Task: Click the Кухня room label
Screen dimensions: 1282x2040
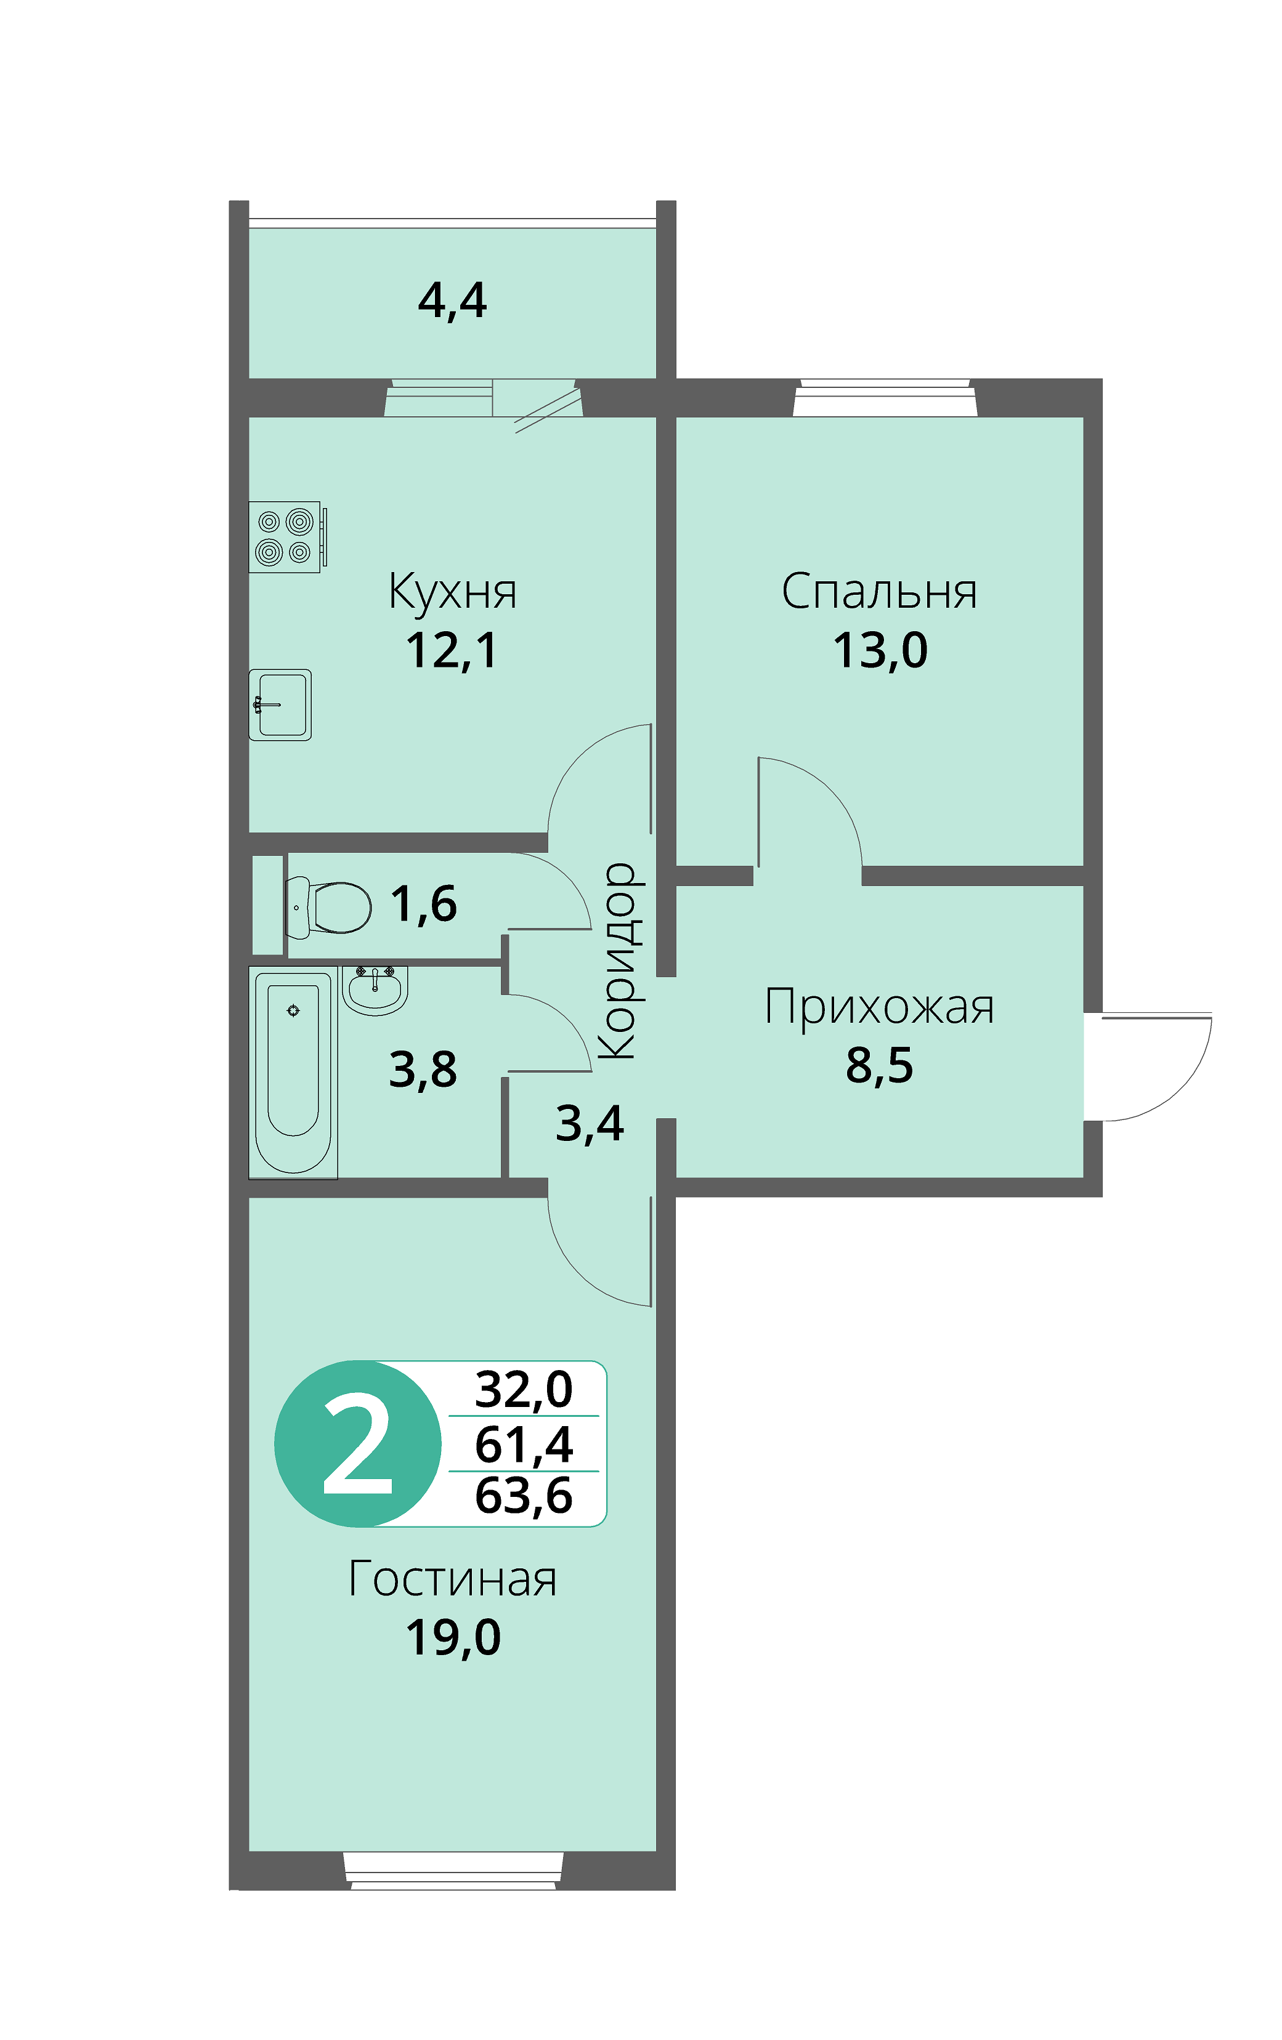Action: pyautogui.click(x=452, y=591)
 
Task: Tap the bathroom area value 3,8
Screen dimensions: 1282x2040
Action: pyautogui.click(x=423, y=1070)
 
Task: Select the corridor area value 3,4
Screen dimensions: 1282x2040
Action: pyautogui.click(x=590, y=1125)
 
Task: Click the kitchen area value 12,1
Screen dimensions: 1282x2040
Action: pyautogui.click(x=452, y=651)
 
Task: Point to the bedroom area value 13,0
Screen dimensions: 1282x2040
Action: pyautogui.click(x=880, y=651)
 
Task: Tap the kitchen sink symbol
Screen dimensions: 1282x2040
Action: pyautogui.click(x=280, y=705)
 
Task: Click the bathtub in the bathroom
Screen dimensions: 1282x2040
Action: pyautogui.click(x=293, y=1073)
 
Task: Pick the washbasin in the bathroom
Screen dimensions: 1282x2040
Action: pyautogui.click(x=375, y=990)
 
